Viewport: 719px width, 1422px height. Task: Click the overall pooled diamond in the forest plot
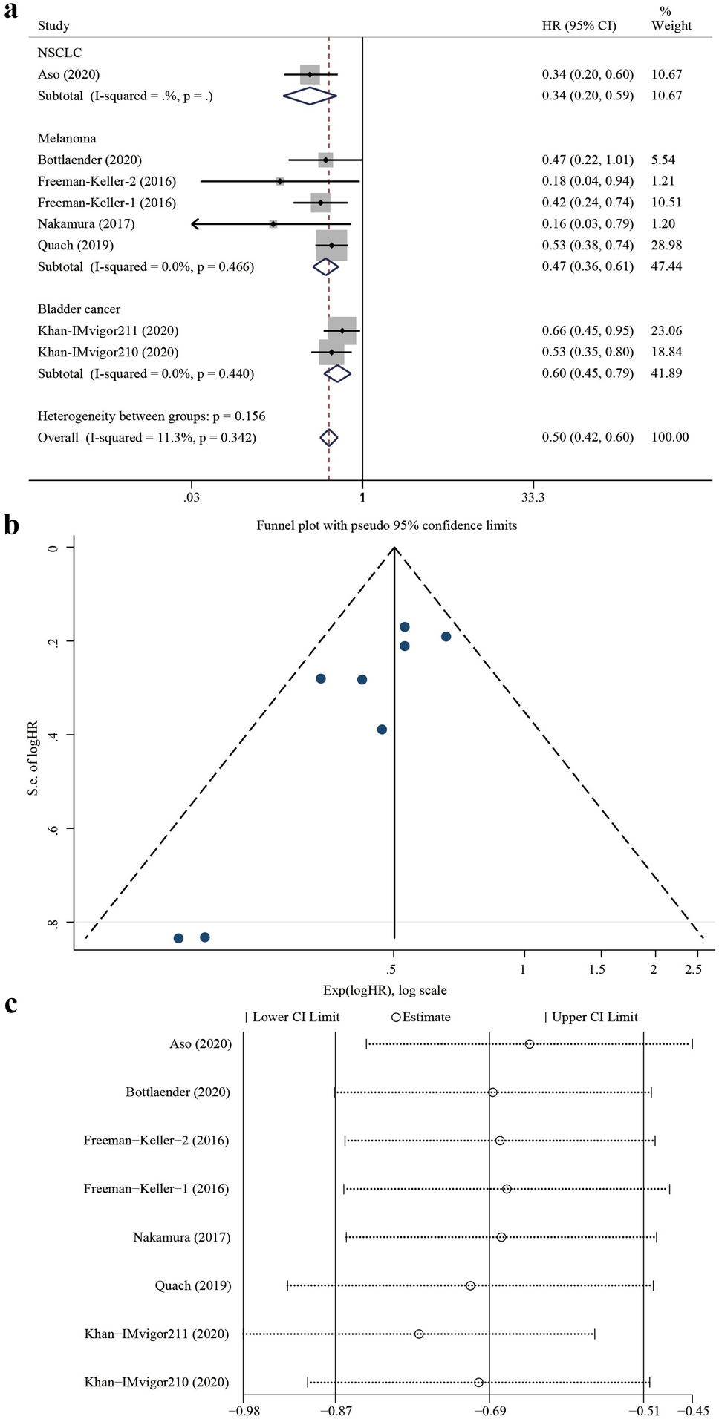pyautogui.click(x=329, y=438)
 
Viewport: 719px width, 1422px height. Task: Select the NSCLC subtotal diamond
pyautogui.click(x=310, y=96)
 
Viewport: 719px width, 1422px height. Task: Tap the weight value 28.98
pyautogui.click(x=666, y=245)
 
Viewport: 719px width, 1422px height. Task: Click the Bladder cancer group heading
pyautogui.click(x=79, y=309)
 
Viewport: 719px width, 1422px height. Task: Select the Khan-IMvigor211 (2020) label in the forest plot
pyautogui.click(x=108, y=331)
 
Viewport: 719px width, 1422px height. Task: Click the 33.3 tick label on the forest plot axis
pyautogui.click(x=532, y=497)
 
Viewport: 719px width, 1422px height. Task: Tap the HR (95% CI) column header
pyautogui.click(x=579, y=26)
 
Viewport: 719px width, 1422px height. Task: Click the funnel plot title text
pyautogui.click(x=386, y=525)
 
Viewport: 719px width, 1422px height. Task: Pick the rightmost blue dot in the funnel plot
pyautogui.click(x=446, y=637)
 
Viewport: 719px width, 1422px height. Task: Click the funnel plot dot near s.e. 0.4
pyautogui.click(x=382, y=730)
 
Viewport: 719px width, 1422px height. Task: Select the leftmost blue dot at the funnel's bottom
pyautogui.click(x=178, y=938)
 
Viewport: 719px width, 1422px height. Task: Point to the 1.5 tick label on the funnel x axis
pyautogui.click(x=597, y=969)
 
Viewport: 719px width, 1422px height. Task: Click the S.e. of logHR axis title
pyautogui.click(x=33, y=757)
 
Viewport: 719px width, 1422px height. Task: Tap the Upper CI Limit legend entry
pyautogui.click(x=592, y=1017)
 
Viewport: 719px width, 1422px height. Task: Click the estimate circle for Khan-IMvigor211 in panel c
pyautogui.click(x=419, y=1334)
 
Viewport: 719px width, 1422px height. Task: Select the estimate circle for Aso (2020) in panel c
pyautogui.click(x=529, y=1044)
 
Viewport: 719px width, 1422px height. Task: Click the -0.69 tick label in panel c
pyautogui.click(x=489, y=1410)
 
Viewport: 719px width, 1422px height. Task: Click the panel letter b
pyautogui.click(x=11, y=525)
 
